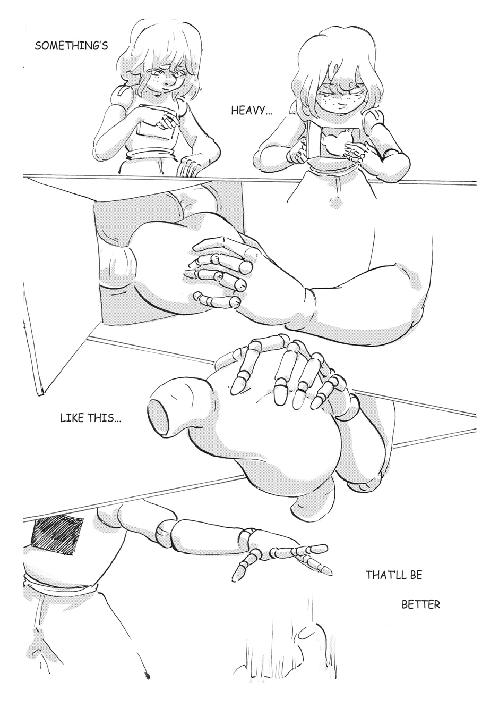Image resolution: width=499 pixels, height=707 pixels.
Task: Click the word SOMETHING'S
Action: [x=71, y=46]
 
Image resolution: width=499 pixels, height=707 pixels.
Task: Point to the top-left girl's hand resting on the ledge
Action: [x=188, y=166]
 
